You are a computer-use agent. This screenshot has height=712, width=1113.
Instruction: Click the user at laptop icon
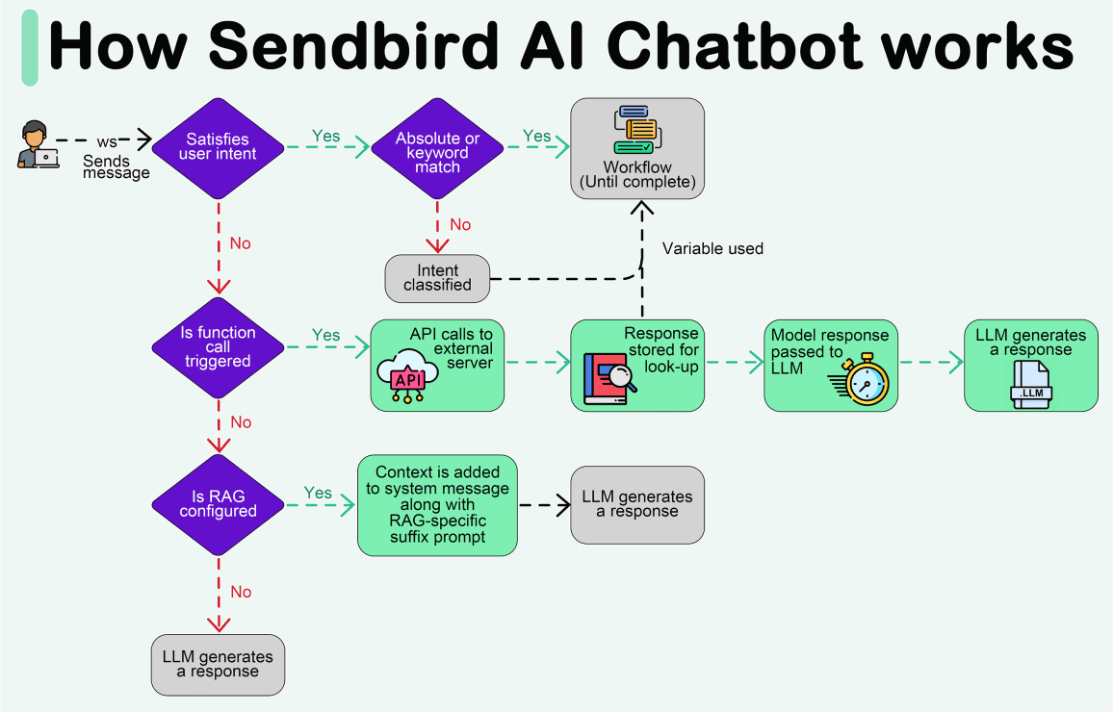pos(38,145)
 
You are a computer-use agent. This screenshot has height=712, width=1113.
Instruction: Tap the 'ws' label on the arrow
pos(107,141)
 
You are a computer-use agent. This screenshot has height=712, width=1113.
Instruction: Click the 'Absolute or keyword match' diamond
pos(437,152)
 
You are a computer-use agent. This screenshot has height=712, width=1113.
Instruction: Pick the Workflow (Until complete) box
pos(637,148)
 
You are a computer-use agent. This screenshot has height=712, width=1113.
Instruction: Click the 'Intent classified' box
pos(438,278)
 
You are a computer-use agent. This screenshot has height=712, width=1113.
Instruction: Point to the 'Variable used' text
pos(712,249)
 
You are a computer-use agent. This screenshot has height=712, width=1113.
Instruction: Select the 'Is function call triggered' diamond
pos(219,346)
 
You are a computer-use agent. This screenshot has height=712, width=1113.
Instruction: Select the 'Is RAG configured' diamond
pos(219,503)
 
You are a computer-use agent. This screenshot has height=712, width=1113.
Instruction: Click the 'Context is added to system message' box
pos(437,505)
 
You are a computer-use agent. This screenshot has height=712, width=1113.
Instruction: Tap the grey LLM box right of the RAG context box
pos(637,504)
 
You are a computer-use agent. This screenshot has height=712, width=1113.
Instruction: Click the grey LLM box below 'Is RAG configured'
pos(218,664)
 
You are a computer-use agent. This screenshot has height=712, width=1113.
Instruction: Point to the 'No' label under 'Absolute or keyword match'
pos(460,224)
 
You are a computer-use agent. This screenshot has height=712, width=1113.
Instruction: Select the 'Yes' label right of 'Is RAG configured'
pos(318,493)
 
